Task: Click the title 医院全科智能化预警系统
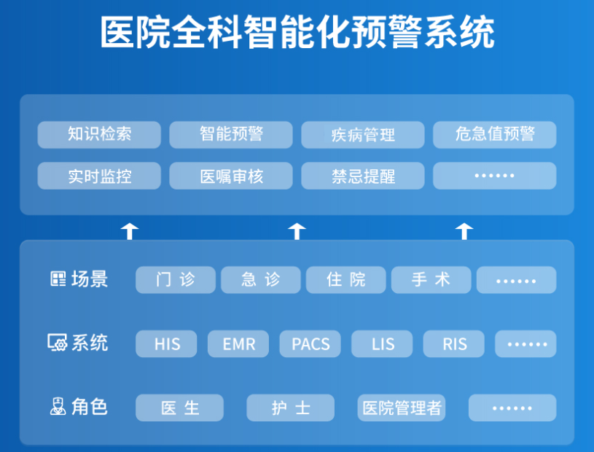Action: point(297,32)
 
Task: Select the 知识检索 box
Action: point(99,134)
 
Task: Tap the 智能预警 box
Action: point(231,134)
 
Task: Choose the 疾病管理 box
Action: point(363,134)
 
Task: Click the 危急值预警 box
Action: point(495,134)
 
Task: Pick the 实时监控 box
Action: point(99,176)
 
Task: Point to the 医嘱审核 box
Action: point(231,176)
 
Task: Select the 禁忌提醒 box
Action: point(363,176)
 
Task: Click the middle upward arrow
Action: point(297,232)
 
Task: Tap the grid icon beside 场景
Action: point(58,278)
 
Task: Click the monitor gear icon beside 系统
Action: point(57,343)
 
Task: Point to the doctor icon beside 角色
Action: point(58,406)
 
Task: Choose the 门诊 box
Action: point(176,280)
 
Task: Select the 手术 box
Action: point(431,280)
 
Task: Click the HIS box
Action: point(166,343)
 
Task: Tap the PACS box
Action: point(310,343)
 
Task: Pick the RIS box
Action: point(454,343)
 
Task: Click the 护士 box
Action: point(291,408)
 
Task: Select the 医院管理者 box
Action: point(402,408)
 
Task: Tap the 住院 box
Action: point(346,280)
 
